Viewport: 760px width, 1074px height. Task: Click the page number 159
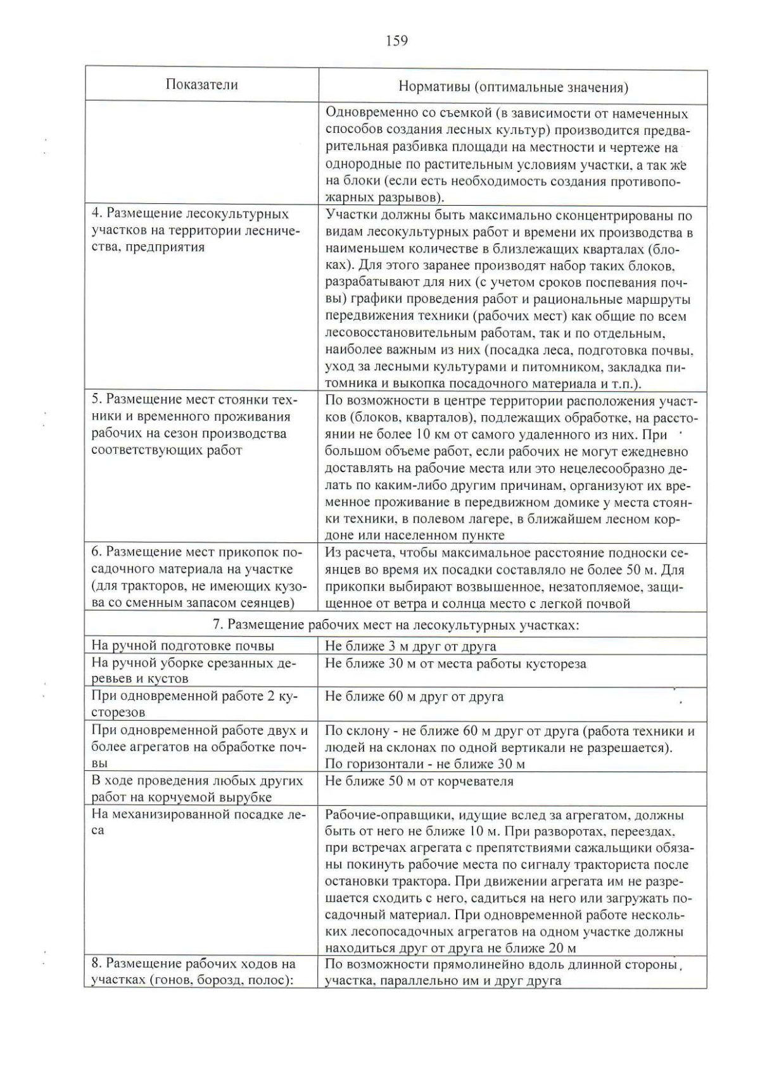[x=396, y=41]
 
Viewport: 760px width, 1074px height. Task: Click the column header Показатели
[x=201, y=85]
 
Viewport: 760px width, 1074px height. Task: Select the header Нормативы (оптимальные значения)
[x=512, y=87]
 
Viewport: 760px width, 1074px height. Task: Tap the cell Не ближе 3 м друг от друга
[x=410, y=646]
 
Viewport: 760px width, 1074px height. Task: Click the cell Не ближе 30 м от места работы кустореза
[x=455, y=663]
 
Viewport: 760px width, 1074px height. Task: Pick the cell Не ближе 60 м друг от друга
[x=414, y=696]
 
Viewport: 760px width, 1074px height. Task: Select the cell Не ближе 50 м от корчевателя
[x=419, y=780]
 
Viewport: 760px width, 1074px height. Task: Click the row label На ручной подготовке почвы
[x=182, y=646]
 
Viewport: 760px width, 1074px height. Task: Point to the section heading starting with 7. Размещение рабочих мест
[x=395, y=624]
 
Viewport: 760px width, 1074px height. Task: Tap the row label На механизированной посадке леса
[x=198, y=821]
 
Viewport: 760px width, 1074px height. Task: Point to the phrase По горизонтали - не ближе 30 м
[x=424, y=764]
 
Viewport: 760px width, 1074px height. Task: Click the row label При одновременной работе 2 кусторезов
[x=193, y=704]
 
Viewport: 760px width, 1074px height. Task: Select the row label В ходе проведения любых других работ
[x=197, y=789]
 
